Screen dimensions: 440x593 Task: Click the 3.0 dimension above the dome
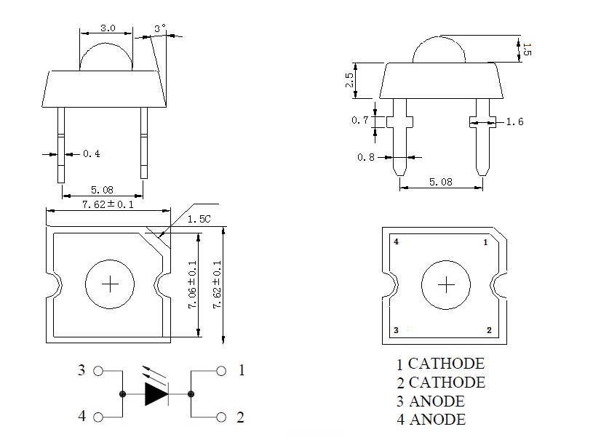coord(107,28)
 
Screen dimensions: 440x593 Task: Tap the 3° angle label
coord(160,28)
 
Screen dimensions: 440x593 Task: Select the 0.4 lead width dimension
coord(92,154)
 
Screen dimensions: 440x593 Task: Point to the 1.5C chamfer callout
coord(197,219)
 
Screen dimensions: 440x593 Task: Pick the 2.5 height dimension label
coord(350,80)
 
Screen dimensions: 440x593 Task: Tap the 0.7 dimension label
coord(359,121)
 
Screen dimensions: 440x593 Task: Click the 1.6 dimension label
coord(514,121)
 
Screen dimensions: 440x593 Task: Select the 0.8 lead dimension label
coord(366,157)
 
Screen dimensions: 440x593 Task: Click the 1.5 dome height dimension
coord(528,49)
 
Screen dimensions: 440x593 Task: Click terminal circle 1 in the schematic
coord(221,371)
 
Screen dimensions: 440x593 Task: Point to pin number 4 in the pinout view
coord(396,241)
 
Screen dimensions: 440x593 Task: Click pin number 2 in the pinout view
coord(489,330)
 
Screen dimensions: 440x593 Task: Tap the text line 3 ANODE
coord(430,401)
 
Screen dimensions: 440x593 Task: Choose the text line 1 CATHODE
coord(440,364)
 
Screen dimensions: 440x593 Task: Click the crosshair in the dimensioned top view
coord(111,284)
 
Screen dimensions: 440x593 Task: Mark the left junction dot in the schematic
coord(122,394)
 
